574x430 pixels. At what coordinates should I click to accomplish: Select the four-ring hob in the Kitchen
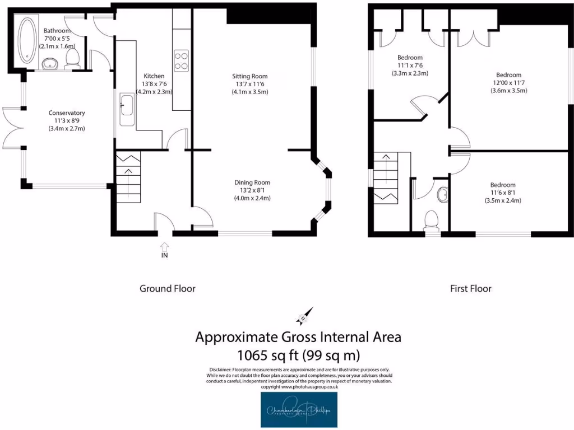coord(182,60)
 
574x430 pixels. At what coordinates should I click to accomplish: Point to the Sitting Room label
coord(250,76)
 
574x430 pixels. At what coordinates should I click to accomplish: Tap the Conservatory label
coord(67,113)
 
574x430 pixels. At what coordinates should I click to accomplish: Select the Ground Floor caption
coord(167,289)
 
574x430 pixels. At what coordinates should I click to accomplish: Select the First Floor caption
coord(470,289)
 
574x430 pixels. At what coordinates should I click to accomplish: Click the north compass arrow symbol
coord(306,317)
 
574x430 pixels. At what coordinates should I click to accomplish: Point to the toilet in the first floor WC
coord(432,219)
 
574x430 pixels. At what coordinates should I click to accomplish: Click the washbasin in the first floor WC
coord(442,194)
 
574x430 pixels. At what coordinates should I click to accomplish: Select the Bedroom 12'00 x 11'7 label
coord(508,75)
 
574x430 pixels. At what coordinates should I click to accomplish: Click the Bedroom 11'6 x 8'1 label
coord(502,185)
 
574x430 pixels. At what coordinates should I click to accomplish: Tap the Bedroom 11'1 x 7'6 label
coord(410,58)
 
